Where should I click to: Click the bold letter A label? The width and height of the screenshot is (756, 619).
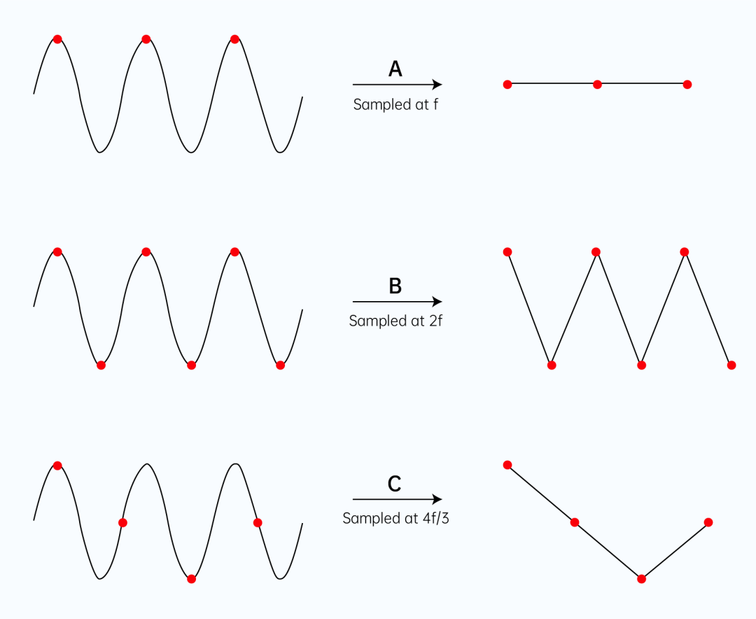[395, 69]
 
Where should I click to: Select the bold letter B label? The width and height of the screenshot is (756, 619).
[395, 286]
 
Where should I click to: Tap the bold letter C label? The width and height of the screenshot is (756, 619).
[395, 484]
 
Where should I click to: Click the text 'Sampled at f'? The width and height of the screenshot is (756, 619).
[396, 105]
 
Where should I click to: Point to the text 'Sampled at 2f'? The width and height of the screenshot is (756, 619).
[396, 321]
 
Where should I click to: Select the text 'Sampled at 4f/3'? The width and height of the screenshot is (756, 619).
[395, 519]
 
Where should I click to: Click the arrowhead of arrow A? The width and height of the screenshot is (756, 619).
[437, 85]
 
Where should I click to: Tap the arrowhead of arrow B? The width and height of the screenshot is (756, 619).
[437, 302]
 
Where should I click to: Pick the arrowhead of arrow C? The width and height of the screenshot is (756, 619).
[437, 499]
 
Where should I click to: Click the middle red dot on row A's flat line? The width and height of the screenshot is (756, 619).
[597, 85]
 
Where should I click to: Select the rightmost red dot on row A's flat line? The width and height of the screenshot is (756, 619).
[687, 85]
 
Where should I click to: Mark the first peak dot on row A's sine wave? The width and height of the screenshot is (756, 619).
[57, 39]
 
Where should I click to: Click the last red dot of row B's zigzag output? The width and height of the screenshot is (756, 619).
[731, 365]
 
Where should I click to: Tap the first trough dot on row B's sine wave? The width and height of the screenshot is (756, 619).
[101, 365]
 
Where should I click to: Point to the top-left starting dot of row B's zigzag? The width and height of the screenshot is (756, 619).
[507, 252]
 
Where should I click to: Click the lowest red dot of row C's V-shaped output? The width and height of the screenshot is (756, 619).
[641, 578]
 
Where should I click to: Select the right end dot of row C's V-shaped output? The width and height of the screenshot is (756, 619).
[708, 522]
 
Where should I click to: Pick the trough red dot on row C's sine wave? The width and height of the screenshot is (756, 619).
[191, 578]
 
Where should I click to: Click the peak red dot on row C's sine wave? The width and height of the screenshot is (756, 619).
[57, 466]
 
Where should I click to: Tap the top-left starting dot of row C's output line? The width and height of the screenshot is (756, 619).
[507, 465]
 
